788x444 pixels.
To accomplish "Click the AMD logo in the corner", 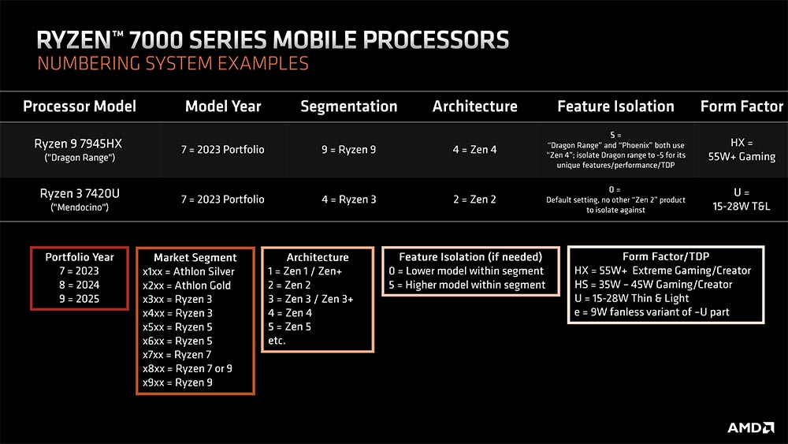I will pyautogui.click(x=749, y=427).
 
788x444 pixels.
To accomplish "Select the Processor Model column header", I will pyautogui.click(x=80, y=106).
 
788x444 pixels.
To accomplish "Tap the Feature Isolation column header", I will pyautogui.click(x=615, y=106).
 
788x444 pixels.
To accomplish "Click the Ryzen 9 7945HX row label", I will pyautogui.click(x=80, y=144).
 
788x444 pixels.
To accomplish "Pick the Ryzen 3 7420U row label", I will pyautogui.click(x=80, y=193).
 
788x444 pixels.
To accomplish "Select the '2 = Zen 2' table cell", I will pyautogui.click(x=474, y=200).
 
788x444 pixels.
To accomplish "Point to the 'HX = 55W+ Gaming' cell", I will pyautogui.click(x=741, y=150).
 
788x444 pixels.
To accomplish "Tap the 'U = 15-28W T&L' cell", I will pyautogui.click(x=741, y=200).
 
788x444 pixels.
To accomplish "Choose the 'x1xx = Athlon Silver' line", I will pyautogui.click(x=188, y=271).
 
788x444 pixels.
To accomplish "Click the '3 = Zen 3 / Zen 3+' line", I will pyautogui.click(x=310, y=299).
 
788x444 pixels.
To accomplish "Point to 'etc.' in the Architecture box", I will pyautogui.click(x=277, y=341).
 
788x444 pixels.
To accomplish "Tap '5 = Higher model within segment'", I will pyautogui.click(x=470, y=285).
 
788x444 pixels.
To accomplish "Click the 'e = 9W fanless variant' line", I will pyautogui.click(x=652, y=312).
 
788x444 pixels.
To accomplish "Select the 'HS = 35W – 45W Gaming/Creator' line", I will pyautogui.click(x=653, y=285).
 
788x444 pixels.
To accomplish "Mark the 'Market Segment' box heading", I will pyautogui.click(x=195, y=257).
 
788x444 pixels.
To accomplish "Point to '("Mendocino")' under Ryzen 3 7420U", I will pyautogui.click(x=80, y=207).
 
